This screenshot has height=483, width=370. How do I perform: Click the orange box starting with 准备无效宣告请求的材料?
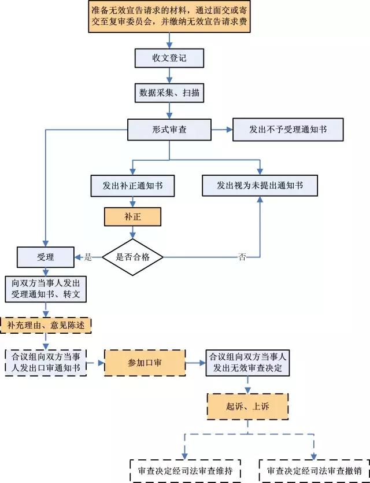170,17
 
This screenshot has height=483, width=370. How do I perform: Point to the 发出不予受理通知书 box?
287,129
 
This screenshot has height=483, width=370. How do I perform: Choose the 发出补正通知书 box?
132,185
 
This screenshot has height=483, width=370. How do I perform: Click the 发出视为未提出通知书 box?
260,185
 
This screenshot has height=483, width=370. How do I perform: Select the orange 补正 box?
132,217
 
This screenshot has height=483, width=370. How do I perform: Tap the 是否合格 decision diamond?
133,257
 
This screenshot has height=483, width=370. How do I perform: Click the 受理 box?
46,257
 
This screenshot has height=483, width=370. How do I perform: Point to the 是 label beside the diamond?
88,257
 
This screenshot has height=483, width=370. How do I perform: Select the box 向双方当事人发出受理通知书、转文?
46,289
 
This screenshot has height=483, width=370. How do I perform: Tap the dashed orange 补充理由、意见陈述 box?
46,325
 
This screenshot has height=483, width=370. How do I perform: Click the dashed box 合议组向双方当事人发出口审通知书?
46,363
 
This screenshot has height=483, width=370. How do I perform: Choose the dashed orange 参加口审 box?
145,363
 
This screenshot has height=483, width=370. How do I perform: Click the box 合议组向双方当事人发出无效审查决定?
247,363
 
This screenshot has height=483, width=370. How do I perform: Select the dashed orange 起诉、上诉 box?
247,407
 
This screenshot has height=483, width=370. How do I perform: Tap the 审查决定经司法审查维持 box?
186,470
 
